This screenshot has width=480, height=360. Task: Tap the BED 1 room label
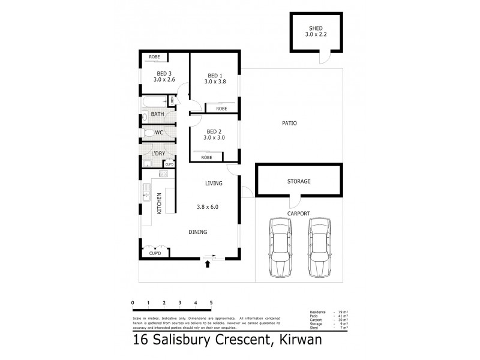pyautogui.click(x=215, y=75)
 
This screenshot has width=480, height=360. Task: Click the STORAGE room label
pyautogui.click(x=298, y=181)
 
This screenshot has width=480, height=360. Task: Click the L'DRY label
pyautogui.click(x=158, y=154)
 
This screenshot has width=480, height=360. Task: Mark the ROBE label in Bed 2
pyautogui.click(x=207, y=157)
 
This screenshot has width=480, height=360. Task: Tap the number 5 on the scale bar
pyautogui.click(x=211, y=302)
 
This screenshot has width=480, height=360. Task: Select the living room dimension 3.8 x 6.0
pyautogui.click(x=208, y=207)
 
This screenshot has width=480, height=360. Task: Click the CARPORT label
pyautogui.click(x=298, y=213)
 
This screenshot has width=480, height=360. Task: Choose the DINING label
pyautogui.click(x=198, y=232)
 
